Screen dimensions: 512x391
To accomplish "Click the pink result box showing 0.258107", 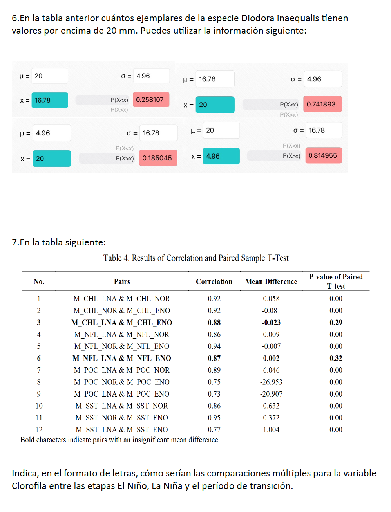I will (151, 100).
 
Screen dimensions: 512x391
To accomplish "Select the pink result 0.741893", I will (322, 104).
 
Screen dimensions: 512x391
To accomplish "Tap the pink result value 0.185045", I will (157, 158).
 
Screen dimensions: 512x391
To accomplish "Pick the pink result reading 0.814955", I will (323, 155).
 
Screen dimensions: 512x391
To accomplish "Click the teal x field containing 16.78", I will (49, 100).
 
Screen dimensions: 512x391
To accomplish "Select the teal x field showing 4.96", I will (221, 156).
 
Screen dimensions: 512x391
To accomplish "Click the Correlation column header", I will (214, 281).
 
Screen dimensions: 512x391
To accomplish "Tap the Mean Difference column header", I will (271, 281).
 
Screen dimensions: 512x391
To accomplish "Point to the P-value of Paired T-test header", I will (336, 281).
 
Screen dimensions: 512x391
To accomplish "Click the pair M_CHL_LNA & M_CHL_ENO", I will (121, 323).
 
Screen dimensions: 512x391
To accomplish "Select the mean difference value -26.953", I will (271, 382).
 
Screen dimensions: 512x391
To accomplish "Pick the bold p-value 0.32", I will (336, 358).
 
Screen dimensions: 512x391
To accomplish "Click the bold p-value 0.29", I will (336, 323).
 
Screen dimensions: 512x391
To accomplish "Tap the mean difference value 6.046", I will (271, 370).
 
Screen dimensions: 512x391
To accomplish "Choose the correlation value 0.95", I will (214, 418).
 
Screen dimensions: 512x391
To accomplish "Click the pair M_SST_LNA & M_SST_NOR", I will (121, 406).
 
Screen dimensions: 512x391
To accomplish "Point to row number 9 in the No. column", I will (39, 394).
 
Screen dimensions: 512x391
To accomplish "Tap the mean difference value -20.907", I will (271, 394).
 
